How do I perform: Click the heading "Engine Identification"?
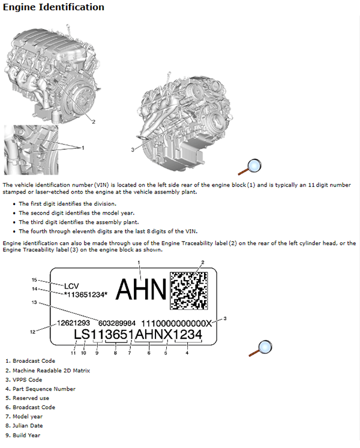tap(53, 8)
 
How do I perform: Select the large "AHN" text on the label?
tap(140, 291)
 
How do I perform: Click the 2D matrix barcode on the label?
tap(192, 291)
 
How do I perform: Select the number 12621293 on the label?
tap(74, 323)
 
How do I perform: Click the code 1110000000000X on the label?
tap(176, 323)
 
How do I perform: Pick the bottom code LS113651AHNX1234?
tap(137, 335)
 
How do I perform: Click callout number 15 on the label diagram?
tap(35, 280)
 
